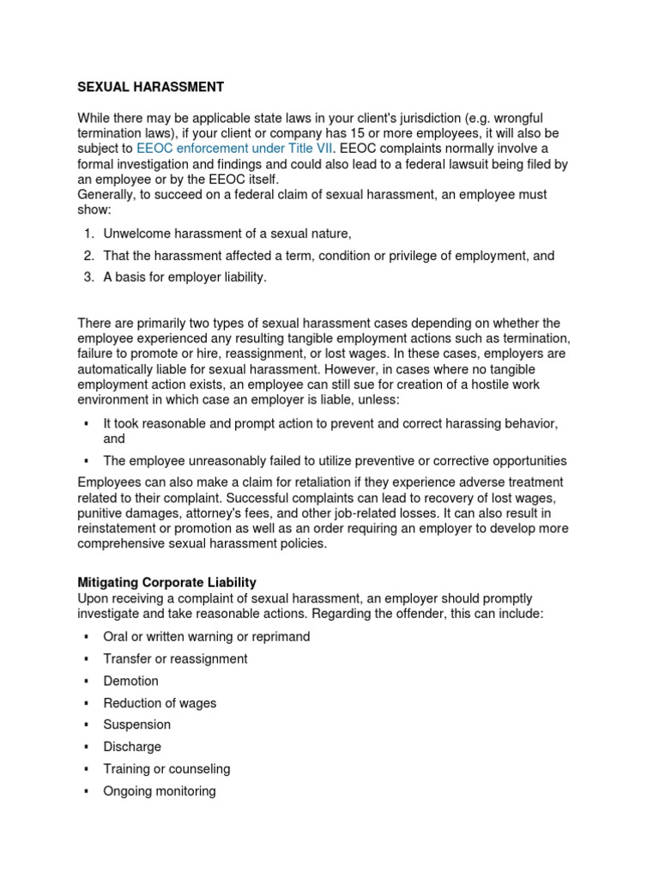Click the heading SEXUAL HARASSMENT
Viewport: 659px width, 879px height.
[x=150, y=88]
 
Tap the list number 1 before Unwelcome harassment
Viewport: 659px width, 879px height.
[x=88, y=233]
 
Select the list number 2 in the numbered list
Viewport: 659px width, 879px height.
[x=88, y=256]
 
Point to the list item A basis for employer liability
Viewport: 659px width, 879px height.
[x=184, y=277]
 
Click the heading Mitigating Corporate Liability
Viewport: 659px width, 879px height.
[x=166, y=582]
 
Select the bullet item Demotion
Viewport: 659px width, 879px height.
[x=130, y=681]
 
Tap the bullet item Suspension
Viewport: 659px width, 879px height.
[x=136, y=724]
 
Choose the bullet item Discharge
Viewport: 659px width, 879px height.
[x=132, y=747]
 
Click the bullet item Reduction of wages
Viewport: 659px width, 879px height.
[x=160, y=703]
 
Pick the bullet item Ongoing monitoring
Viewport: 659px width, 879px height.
[x=159, y=791]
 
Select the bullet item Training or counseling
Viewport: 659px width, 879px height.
[x=166, y=769]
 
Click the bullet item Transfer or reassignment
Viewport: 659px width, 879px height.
[x=175, y=658]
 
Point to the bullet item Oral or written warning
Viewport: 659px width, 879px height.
[x=206, y=637]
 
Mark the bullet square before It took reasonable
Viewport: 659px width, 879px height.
[x=87, y=424]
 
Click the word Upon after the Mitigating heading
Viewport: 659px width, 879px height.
[x=93, y=597]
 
